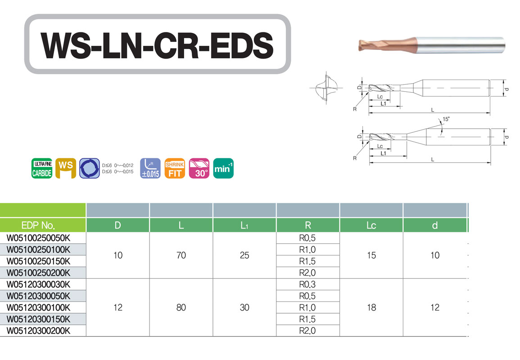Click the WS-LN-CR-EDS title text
[157, 45]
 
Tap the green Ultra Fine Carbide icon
[42, 168]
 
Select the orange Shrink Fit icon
[175, 168]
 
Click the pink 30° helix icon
[199, 168]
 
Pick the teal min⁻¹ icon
[223, 168]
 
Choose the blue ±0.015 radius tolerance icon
[150, 168]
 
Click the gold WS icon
[66, 168]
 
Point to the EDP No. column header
[38, 225]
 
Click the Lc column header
[371, 225]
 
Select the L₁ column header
[244, 225]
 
